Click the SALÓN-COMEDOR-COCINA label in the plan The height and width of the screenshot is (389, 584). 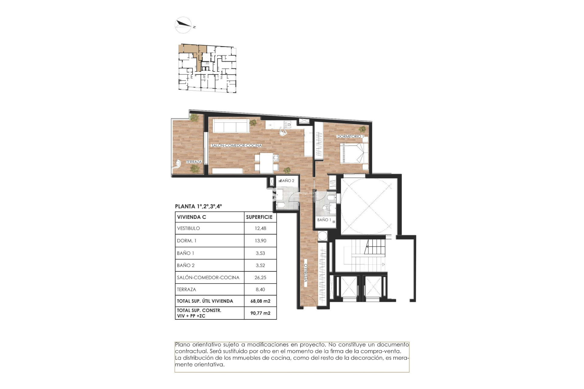coord(236,146)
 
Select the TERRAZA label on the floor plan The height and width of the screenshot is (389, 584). coord(194,162)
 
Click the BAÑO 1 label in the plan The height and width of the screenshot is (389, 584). coord(324,220)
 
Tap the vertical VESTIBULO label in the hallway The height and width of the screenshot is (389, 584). coord(306,273)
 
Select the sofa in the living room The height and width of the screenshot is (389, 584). coord(231,125)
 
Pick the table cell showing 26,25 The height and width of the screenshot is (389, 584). coord(260,277)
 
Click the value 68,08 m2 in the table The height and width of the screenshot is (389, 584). coord(260,301)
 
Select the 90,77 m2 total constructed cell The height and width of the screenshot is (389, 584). coord(260,313)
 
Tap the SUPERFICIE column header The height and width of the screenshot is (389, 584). coord(259,217)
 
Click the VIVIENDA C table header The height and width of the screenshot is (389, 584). coord(191,217)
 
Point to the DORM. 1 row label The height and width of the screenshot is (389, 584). coord(186,241)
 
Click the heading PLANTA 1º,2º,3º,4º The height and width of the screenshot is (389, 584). coord(198,206)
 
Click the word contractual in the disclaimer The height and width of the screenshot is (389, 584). coord(189,351)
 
